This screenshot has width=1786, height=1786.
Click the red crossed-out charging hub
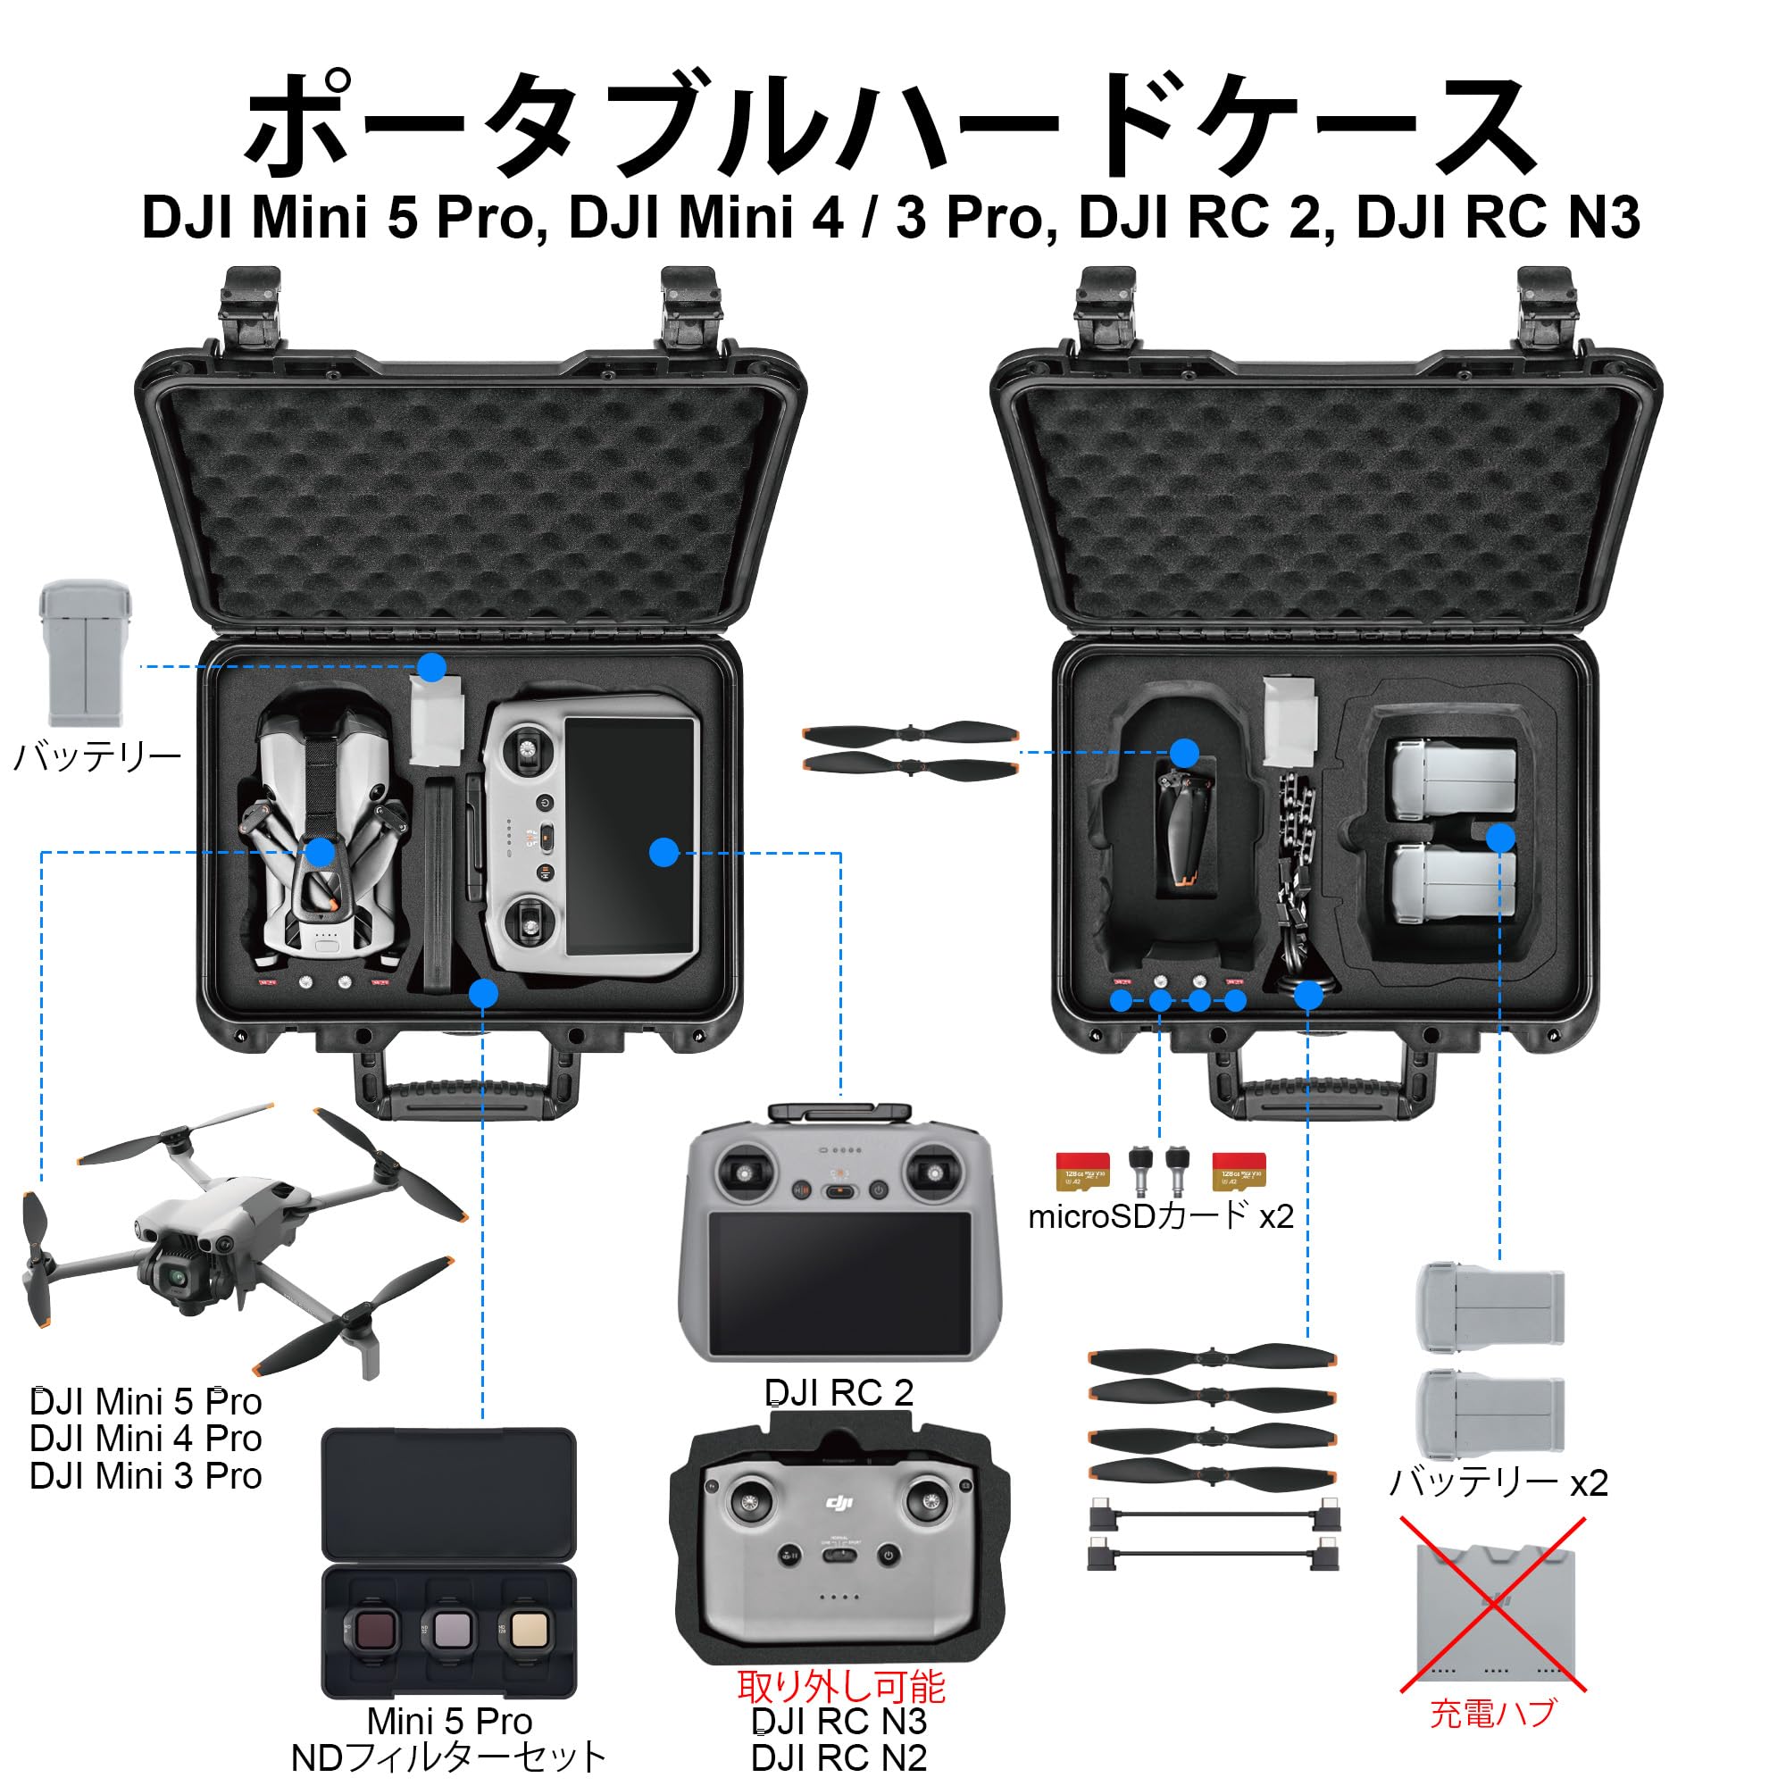(x=1492, y=1614)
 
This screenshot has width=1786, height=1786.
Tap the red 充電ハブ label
(x=1492, y=1713)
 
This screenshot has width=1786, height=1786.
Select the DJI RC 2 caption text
(x=839, y=1393)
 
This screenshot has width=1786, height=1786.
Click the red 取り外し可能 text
(x=840, y=1687)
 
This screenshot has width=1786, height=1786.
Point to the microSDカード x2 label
(x=1160, y=1216)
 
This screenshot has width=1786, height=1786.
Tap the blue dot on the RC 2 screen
(x=663, y=852)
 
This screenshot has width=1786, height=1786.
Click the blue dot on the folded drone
(x=320, y=852)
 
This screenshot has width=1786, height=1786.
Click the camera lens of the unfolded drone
(x=175, y=1278)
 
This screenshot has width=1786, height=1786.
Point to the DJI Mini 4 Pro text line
(x=146, y=1439)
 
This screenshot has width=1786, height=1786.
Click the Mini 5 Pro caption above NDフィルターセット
(x=449, y=1722)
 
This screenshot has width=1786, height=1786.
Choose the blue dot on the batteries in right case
(x=1499, y=838)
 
